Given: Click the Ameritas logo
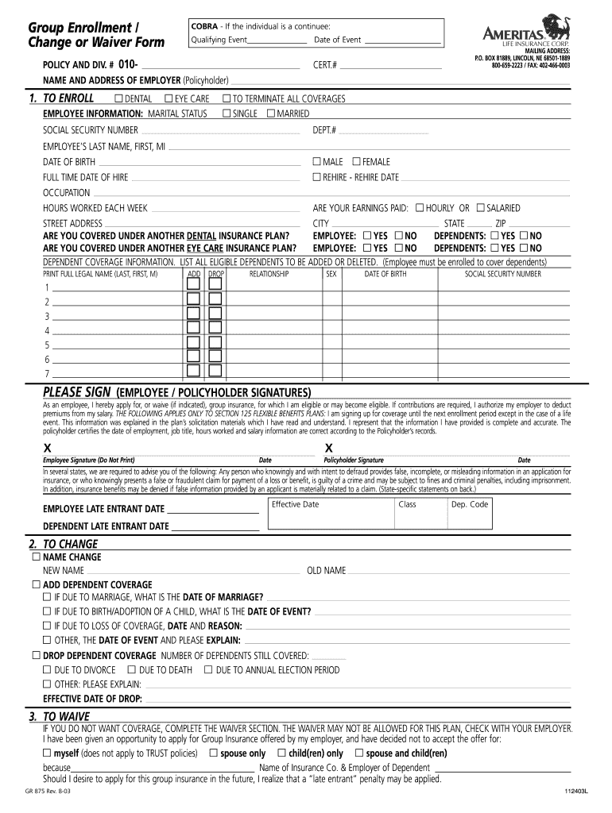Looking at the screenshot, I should (525, 35).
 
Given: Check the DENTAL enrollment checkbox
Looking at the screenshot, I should (118, 98).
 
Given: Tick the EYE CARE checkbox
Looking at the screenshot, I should (168, 98).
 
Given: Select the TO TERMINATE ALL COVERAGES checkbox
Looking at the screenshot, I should (227, 98).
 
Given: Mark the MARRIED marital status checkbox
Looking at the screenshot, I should (270, 114).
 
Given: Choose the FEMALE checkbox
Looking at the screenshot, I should (356, 162).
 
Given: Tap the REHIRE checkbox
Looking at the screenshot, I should (316, 177).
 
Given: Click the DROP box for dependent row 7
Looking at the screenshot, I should (215, 373).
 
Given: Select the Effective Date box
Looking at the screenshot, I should (329, 513).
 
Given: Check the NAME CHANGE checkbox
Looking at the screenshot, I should (36, 557).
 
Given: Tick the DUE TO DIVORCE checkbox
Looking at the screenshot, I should (47, 670).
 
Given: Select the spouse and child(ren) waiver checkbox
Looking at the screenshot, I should (359, 753).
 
